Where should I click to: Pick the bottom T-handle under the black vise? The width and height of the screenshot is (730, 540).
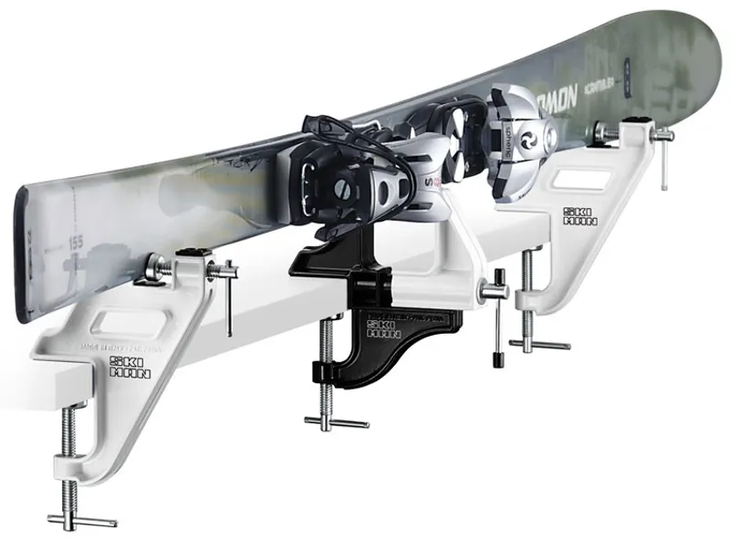(337, 421)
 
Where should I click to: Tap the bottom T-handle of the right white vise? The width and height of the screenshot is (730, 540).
(540, 345)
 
